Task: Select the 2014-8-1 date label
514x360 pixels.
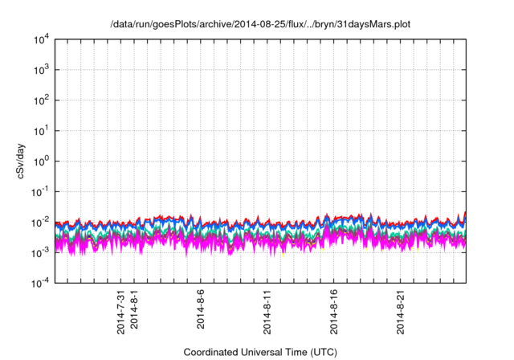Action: [x=134, y=310]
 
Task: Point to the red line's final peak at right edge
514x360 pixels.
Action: [x=465, y=213]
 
